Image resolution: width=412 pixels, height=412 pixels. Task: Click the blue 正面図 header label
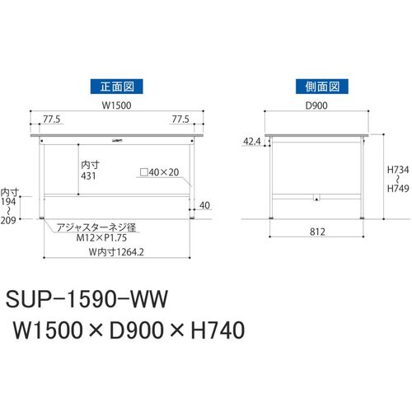tap(117, 87)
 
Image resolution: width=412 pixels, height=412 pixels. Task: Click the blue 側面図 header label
tap(322, 87)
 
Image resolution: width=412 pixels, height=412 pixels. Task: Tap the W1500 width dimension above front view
tap(116, 105)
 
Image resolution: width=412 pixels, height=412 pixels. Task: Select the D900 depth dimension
tap(316, 105)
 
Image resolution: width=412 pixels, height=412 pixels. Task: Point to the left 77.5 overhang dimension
tap(52, 119)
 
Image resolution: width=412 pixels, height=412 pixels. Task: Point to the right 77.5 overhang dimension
tap(180, 119)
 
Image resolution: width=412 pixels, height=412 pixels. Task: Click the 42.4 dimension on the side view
tap(252, 142)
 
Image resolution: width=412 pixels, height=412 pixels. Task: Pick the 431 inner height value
tap(88, 176)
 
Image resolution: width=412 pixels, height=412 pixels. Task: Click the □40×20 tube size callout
tap(160, 172)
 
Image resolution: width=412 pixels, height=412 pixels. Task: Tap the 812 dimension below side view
tap(317, 232)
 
